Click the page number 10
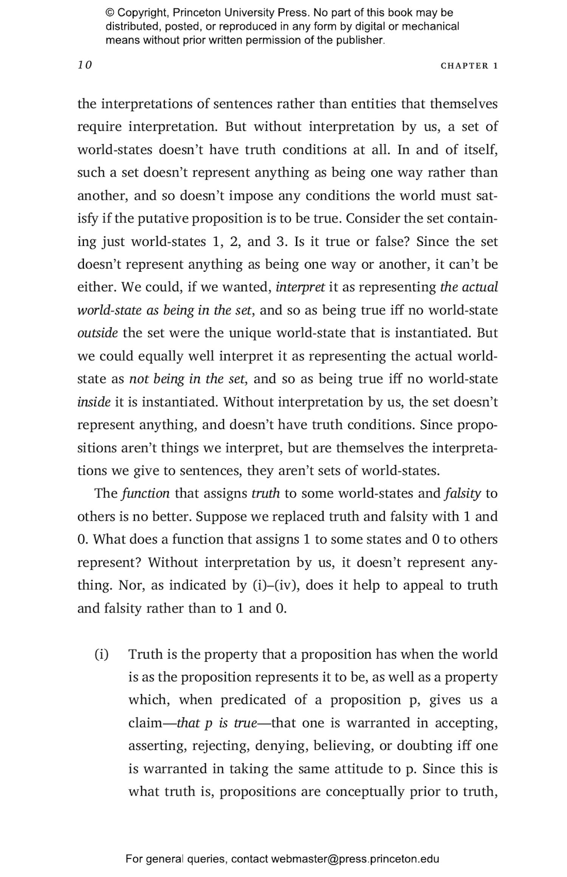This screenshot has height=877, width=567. (x=85, y=65)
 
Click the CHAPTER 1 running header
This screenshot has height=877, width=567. (x=469, y=66)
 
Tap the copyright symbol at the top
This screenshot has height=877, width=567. (x=110, y=13)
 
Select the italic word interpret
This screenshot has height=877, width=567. (x=300, y=287)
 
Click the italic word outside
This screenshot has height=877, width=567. (x=98, y=333)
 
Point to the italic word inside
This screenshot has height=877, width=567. (x=94, y=402)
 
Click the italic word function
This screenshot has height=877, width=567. (x=146, y=493)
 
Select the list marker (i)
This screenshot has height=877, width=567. (x=101, y=654)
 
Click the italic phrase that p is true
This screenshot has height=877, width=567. (x=217, y=723)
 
